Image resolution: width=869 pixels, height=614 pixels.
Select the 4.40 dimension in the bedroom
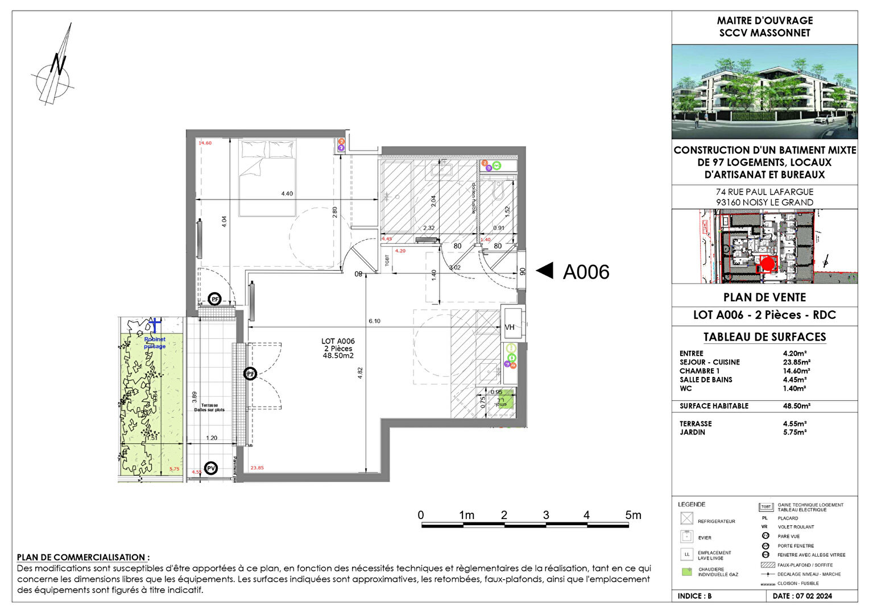[x=287, y=194]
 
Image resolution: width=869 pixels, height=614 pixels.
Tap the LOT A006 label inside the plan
[x=338, y=341]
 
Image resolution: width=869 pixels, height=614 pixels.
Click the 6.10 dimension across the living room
[x=374, y=321]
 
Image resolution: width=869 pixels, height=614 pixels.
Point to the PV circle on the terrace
[x=211, y=468]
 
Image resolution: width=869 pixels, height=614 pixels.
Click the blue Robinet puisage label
[x=155, y=343]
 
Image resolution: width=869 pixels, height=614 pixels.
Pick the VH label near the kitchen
[x=510, y=327]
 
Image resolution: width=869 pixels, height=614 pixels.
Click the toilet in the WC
[x=499, y=191]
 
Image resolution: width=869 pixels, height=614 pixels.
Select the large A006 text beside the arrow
[x=586, y=272]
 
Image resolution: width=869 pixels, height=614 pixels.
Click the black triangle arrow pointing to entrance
[x=545, y=271]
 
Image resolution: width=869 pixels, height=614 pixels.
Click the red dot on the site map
[x=767, y=264]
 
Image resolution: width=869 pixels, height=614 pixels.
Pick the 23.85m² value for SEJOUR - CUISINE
[x=796, y=362]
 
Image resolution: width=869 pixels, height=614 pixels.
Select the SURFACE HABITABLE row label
[x=714, y=406]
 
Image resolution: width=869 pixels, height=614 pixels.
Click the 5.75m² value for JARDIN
[x=794, y=432]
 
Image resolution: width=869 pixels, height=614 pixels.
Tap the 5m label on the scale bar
[x=633, y=516]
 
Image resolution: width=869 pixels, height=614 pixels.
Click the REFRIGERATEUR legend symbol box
[x=687, y=518]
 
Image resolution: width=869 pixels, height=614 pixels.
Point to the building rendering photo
[x=764, y=92]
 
